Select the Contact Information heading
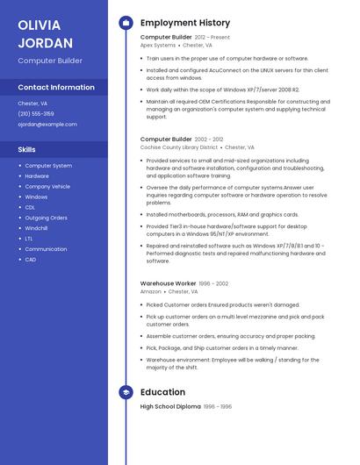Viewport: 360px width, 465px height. point(56,88)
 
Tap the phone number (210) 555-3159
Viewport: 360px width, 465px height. point(36,114)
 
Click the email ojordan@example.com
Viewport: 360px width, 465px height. point(47,125)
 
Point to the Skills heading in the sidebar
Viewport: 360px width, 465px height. point(26,150)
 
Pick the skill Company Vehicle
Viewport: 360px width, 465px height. point(47,186)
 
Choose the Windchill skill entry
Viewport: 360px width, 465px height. point(36,228)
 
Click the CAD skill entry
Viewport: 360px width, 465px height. point(31,260)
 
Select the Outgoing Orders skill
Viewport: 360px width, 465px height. point(46,218)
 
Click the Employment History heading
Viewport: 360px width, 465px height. point(185,23)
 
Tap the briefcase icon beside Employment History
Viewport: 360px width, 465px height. point(126,23)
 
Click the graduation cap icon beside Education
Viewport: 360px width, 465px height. point(126,392)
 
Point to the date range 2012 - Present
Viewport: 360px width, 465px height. point(212,38)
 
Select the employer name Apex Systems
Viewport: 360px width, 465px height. point(158,45)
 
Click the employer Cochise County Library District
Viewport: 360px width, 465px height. point(179,147)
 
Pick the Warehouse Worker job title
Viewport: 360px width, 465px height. point(168,283)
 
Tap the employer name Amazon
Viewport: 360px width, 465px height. point(151,291)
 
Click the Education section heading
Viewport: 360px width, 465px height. point(162,392)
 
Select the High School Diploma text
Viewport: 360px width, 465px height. point(170,406)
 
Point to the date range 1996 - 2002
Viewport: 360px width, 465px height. point(214,283)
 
